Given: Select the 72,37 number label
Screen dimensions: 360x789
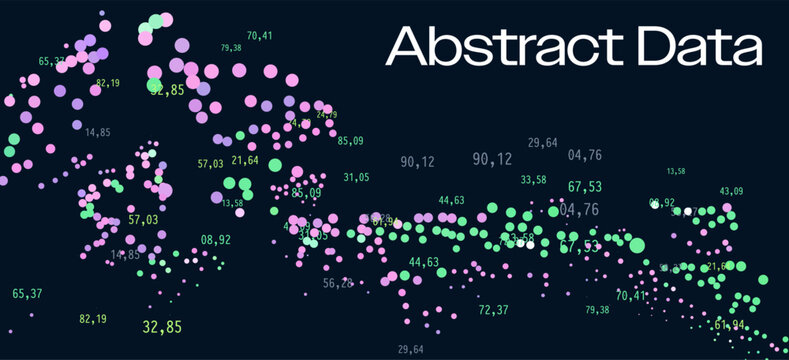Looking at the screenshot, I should tap(493, 310).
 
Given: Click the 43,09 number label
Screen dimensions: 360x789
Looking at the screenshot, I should tap(731, 191).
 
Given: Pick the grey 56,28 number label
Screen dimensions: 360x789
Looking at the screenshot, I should tap(338, 284).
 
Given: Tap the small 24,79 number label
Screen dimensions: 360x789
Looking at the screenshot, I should tap(327, 115).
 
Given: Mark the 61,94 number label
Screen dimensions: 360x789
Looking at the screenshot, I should tap(730, 325).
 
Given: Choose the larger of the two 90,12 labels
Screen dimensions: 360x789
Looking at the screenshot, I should tap(492, 159).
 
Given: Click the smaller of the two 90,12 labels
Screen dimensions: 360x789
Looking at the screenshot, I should tap(417, 162).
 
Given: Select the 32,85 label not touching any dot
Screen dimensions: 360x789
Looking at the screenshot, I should tap(162, 327).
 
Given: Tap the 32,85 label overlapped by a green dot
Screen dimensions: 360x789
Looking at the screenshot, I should tap(168, 90).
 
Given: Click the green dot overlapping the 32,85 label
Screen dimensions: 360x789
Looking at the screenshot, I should tap(155, 86).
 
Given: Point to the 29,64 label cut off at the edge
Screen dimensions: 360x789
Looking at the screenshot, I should tap(410, 349).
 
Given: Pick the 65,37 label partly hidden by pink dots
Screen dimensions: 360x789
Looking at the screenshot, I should tap(52, 62).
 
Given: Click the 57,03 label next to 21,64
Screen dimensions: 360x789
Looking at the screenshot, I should tap(210, 163).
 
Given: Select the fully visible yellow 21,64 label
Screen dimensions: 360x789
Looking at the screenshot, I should tap(244, 160).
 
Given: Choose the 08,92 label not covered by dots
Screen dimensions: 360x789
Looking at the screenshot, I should tap(215, 240).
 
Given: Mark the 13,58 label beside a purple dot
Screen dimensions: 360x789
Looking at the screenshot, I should tap(232, 203).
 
